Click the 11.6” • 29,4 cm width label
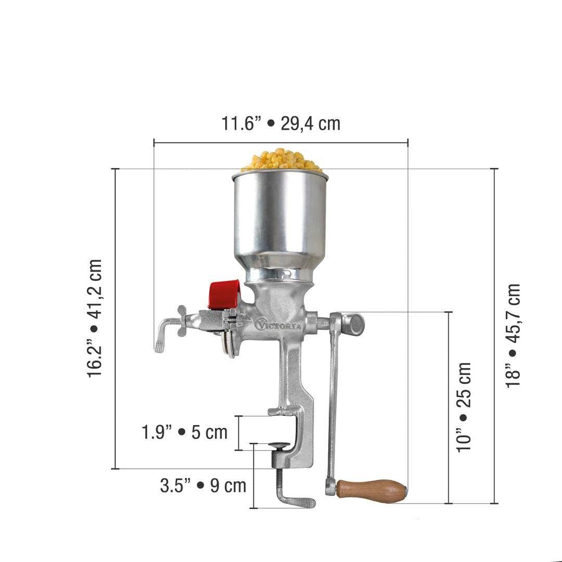pyautogui.click(x=280, y=124)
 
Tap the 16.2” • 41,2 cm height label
pyautogui.click(x=95, y=318)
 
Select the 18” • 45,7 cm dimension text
pyautogui.click(x=513, y=336)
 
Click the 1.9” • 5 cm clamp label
pyautogui.click(x=185, y=432)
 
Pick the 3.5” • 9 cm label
pyautogui.click(x=203, y=486)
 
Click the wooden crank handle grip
pyautogui.click(x=372, y=490)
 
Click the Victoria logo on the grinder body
pyautogui.click(x=278, y=324)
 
